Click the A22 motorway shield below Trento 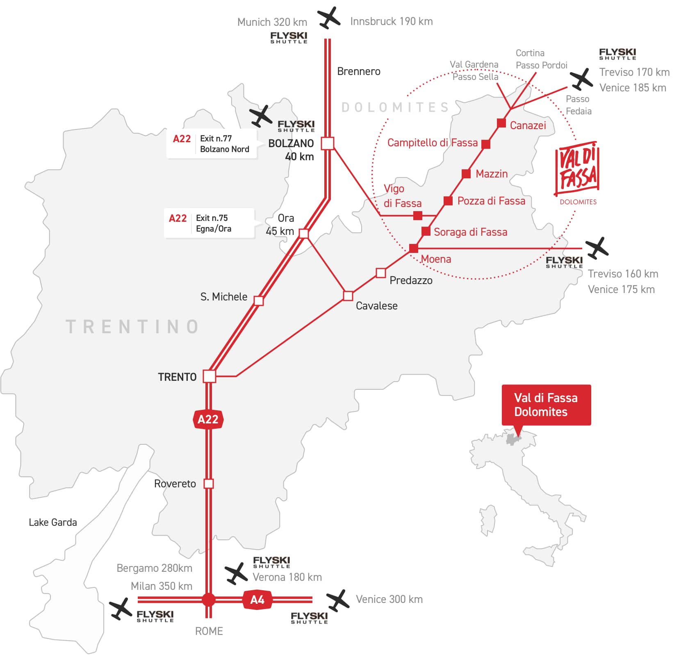tap(208, 419)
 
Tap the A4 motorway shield tap(257, 600)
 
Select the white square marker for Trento tap(209, 376)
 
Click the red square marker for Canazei tap(501, 123)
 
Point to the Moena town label tap(436, 259)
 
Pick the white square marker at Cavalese tap(348, 296)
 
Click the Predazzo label tap(411, 280)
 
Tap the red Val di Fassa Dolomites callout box tap(546, 405)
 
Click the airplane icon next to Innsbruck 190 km tap(329, 18)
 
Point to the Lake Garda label tap(53, 522)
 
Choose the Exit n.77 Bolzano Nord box tap(212, 144)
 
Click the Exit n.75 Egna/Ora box tap(209, 223)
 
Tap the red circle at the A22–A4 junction tap(208, 600)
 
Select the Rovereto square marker tap(209, 484)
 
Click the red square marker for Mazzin tap(466, 174)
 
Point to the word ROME tap(209, 631)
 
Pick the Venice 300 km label tap(389, 599)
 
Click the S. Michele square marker tap(258, 300)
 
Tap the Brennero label tap(359, 71)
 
